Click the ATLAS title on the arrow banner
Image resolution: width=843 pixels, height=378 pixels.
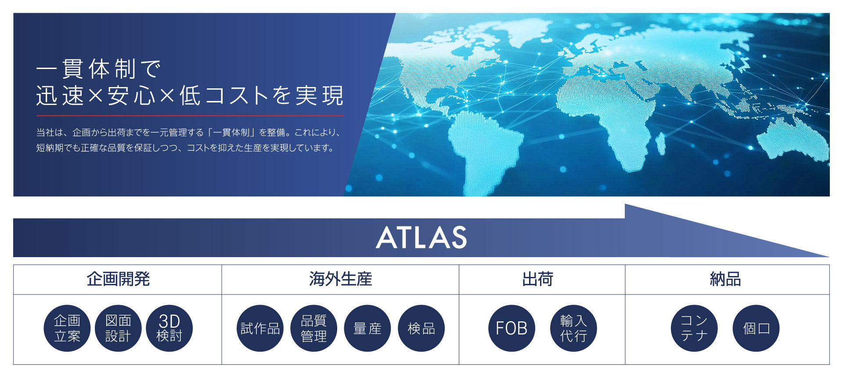coord(421,237)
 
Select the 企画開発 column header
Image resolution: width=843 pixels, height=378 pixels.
coord(118,279)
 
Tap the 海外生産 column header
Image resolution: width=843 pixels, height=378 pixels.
coord(340,279)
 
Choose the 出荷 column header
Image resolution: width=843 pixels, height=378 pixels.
coord(538,279)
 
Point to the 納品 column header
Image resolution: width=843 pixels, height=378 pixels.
coord(725,279)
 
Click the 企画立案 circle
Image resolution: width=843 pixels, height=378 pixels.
coord(67,328)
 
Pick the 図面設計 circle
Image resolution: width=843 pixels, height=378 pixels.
coord(118,328)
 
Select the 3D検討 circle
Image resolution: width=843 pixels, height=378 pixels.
coord(169,328)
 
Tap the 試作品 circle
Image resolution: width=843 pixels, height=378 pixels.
coord(260,328)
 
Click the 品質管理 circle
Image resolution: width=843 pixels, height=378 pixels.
coord(314,328)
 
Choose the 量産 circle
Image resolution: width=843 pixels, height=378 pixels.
coord(367,328)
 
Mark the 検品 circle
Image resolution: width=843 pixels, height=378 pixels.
coord(421,328)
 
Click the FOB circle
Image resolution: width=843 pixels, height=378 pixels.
coord(512,328)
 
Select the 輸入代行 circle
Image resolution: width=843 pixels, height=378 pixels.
coord(573,328)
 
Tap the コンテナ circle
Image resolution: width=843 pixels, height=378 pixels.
coord(694,328)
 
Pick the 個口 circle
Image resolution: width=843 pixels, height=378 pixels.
coord(756,328)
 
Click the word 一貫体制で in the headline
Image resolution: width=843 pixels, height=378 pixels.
coord(99,69)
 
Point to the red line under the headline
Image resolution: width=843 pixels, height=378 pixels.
coord(190,116)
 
